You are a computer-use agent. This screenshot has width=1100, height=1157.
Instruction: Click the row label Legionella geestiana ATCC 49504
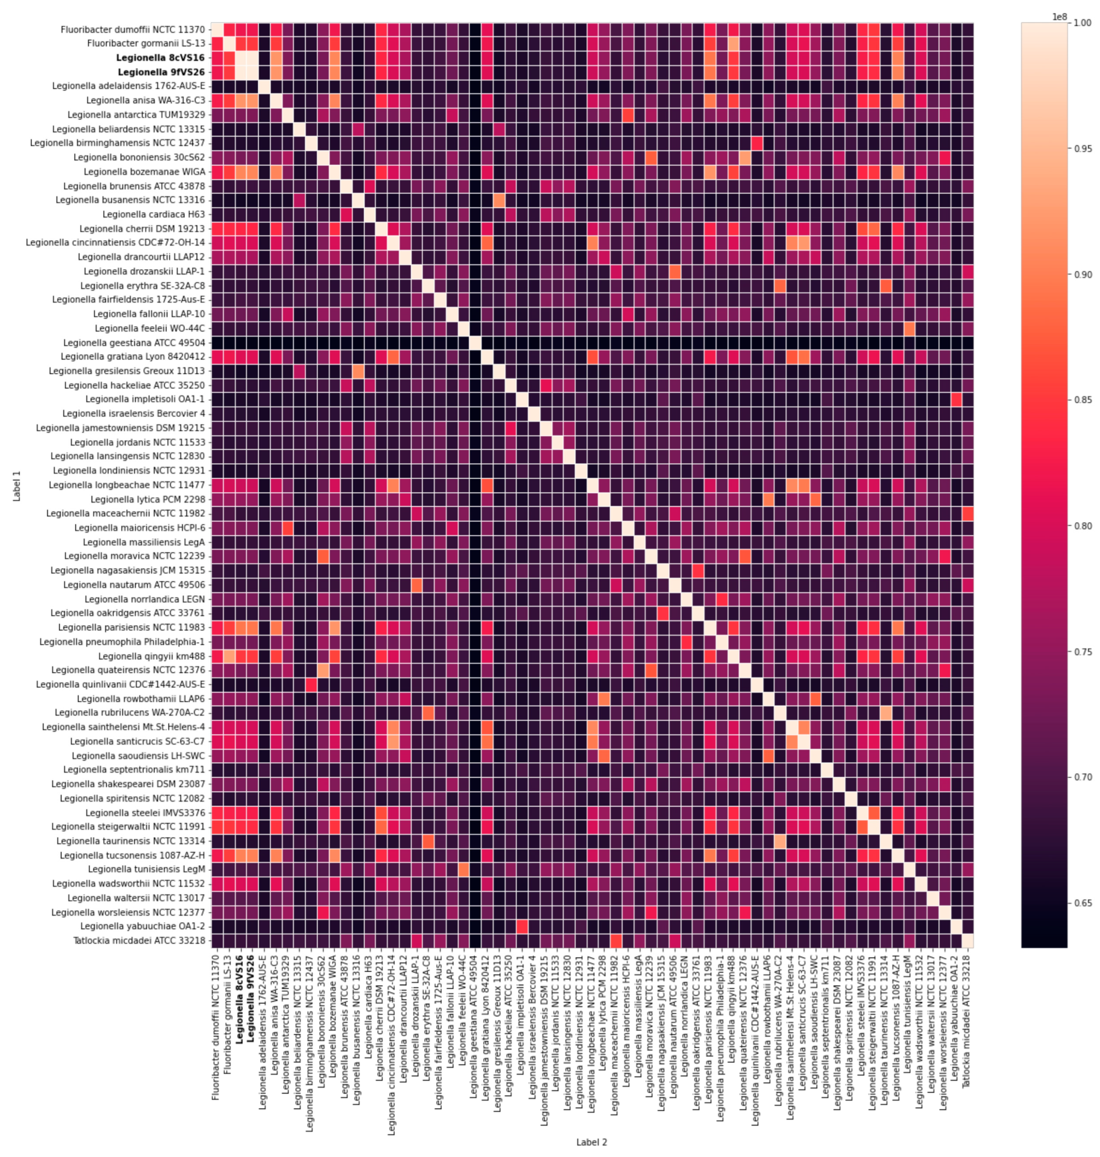(134, 343)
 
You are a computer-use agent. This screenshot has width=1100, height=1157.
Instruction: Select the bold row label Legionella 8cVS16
(161, 57)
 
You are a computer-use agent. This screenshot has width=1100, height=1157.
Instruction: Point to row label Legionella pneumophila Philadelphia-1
(122, 642)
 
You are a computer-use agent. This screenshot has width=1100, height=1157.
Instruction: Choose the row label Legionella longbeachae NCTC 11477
(127, 485)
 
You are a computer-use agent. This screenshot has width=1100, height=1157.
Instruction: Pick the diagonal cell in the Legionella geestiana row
(475, 343)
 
